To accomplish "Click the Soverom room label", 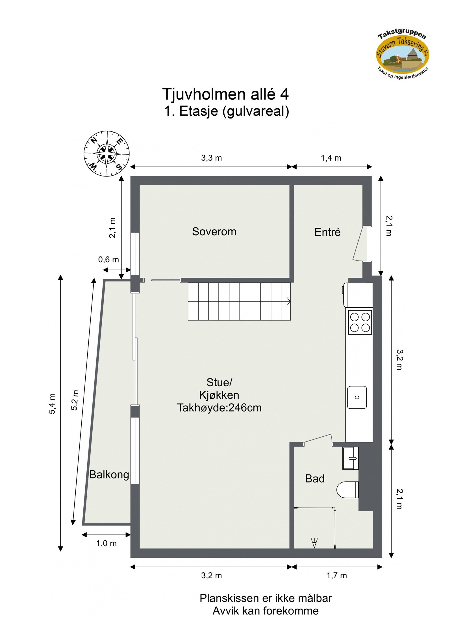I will click(x=214, y=231).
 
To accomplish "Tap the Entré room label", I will click(x=327, y=232).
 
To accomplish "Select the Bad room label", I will click(x=314, y=479).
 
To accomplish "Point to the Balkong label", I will click(x=109, y=474).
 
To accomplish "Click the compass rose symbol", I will click(x=107, y=154).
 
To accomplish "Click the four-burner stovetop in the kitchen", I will click(x=360, y=322).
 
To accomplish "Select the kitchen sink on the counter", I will click(x=357, y=397).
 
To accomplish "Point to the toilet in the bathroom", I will click(x=347, y=490).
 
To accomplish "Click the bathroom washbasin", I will click(x=350, y=458).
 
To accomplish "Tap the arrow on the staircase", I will click(x=288, y=301).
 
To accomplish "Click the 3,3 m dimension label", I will click(x=211, y=158).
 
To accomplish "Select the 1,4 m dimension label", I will click(x=331, y=158).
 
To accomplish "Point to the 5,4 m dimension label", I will click(x=52, y=404).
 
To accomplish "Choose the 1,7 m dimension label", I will click(x=336, y=576).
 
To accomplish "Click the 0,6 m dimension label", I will click(x=108, y=259).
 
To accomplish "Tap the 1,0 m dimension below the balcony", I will click(x=106, y=543).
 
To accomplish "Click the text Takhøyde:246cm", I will click(x=219, y=408).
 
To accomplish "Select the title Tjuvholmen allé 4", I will click(x=225, y=94).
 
